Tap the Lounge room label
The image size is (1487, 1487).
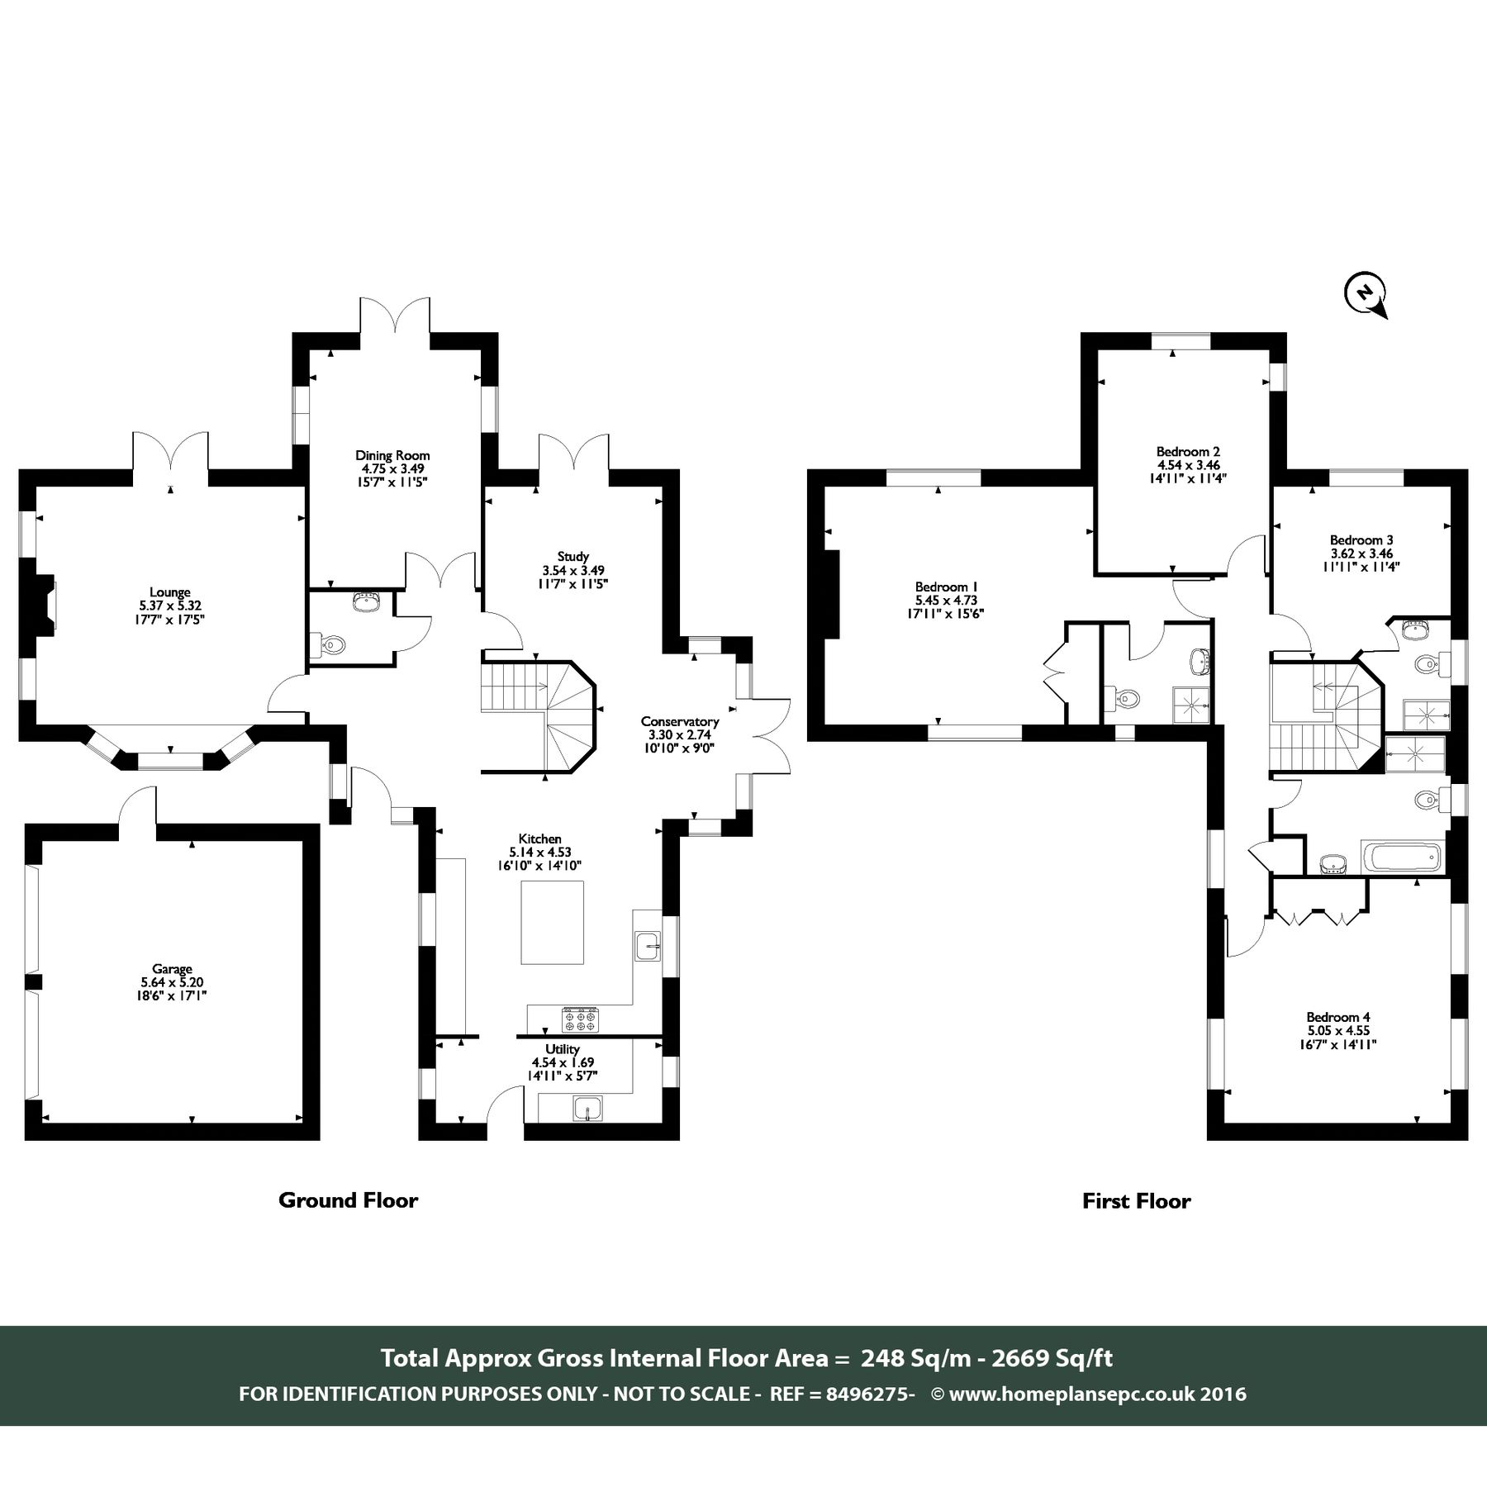point(169,591)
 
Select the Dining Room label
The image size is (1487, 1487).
point(392,455)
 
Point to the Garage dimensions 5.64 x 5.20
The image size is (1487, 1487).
point(172,982)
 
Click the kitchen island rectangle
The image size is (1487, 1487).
point(552,922)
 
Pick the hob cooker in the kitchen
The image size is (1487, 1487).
point(581,1019)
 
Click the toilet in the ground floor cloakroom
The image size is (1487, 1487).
point(331,644)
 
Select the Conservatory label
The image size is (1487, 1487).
point(680,721)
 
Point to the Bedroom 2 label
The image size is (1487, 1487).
point(1188,452)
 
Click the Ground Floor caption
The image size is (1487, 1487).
point(348,1200)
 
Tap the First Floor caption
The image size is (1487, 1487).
point(1136,1201)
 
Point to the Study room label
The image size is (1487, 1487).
point(572,557)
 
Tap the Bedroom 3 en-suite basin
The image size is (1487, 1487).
point(1418,631)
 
